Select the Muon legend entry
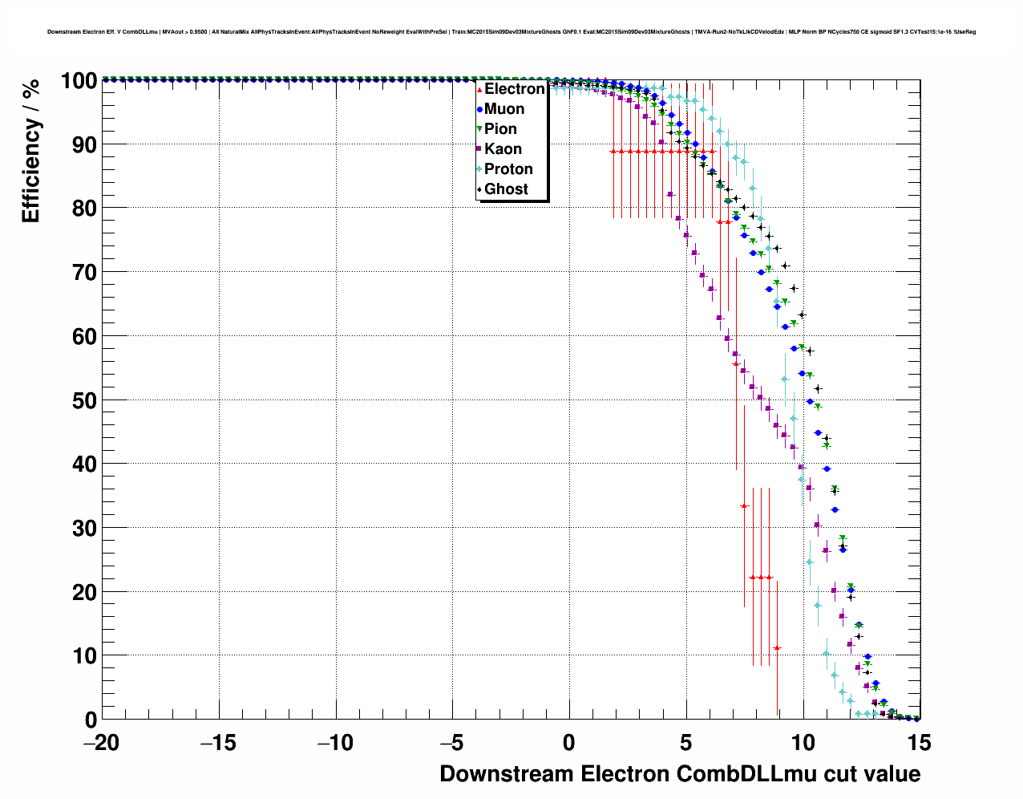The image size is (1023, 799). [504, 109]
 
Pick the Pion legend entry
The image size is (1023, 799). [500, 129]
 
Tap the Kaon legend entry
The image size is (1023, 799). [503, 149]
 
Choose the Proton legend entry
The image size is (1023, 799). [508, 169]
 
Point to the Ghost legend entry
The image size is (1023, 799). [506, 189]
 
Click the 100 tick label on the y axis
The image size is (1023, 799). [79, 81]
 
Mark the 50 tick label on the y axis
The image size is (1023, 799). [83, 400]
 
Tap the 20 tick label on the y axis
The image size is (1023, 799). [83, 592]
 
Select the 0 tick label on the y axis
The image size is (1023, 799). [90, 720]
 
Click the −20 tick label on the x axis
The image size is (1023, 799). [101, 743]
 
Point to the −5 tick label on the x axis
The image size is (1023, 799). [452, 743]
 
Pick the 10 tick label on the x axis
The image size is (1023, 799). [803, 743]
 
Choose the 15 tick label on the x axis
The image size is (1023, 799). [920, 743]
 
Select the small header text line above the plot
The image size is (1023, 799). [511, 32]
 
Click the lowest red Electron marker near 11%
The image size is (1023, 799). [777, 648]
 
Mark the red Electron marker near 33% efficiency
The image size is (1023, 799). [744, 506]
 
